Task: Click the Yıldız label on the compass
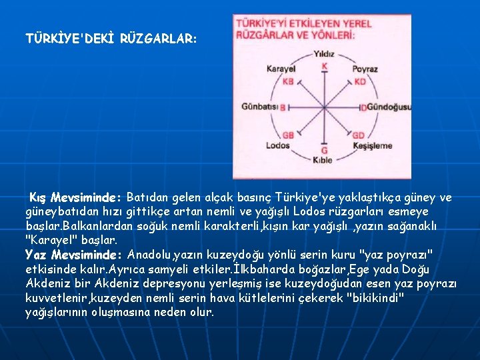point(324,54)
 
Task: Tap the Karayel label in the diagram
point(281,69)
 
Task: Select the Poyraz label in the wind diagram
point(365,69)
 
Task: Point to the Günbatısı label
point(260,107)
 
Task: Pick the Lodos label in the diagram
point(277,145)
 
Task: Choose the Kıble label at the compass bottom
point(323,160)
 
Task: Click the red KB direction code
point(288,81)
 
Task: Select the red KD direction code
point(359,81)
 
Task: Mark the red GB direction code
point(288,134)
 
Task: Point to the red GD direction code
point(359,134)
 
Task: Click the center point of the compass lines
point(323,107)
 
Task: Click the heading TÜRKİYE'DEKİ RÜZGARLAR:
point(111,39)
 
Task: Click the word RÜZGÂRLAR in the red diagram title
point(266,33)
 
